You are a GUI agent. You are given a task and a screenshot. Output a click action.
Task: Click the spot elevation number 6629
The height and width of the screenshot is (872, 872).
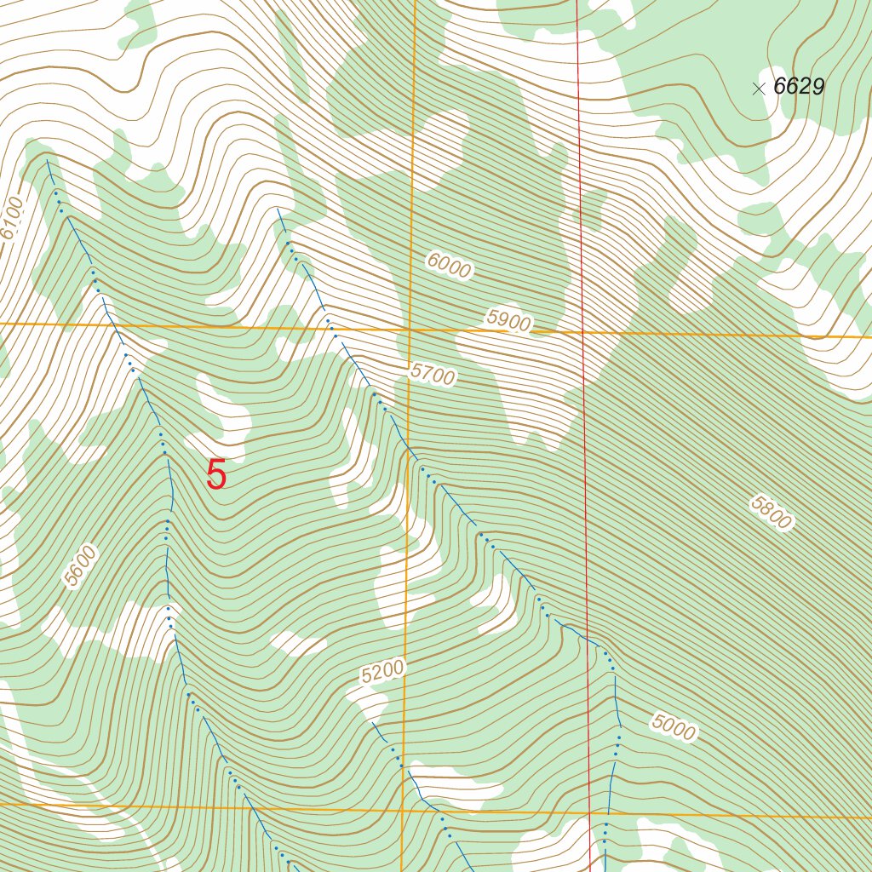(x=799, y=87)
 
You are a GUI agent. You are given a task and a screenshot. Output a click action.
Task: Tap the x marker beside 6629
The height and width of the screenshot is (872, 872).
(x=759, y=89)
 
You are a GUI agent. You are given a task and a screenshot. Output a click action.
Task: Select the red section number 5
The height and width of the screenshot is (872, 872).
(x=217, y=475)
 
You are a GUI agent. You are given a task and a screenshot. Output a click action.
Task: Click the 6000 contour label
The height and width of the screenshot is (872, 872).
(x=449, y=267)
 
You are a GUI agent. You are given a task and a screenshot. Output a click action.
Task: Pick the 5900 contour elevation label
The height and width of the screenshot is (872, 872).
(x=509, y=321)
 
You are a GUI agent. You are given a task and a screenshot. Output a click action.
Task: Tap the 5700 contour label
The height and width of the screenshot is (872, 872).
(x=433, y=374)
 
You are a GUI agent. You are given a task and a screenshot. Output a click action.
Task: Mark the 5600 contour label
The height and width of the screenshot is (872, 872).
(x=81, y=566)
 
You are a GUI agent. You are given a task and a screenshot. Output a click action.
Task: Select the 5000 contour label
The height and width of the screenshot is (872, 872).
(x=674, y=727)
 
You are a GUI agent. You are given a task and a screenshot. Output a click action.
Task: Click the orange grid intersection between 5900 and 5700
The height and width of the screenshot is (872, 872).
(x=410, y=329)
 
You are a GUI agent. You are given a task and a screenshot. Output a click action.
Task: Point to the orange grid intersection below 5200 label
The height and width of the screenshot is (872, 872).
(x=403, y=809)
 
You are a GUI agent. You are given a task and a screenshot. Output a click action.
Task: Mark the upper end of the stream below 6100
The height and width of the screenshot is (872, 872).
(x=48, y=159)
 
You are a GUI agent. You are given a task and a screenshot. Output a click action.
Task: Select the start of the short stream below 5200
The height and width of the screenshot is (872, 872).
(x=372, y=722)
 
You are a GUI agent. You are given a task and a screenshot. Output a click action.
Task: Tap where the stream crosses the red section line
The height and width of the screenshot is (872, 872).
(x=587, y=636)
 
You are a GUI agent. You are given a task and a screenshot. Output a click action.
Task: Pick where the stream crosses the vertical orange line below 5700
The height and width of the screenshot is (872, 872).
(x=408, y=445)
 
